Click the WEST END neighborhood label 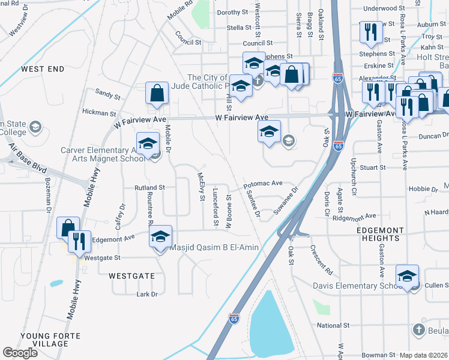coord(43,70)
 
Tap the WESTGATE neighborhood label coord(131,276)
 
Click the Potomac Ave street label coord(262,183)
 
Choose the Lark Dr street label coord(146,294)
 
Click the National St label coord(333,325)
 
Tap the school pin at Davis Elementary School coord(407,277)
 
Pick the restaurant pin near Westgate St coord(79,242)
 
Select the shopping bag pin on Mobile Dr coord(157,94)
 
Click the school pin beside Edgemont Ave coord(160,238)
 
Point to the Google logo coord(20,353)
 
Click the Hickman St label coord(99,113)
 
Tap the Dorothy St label coord(232,12)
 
